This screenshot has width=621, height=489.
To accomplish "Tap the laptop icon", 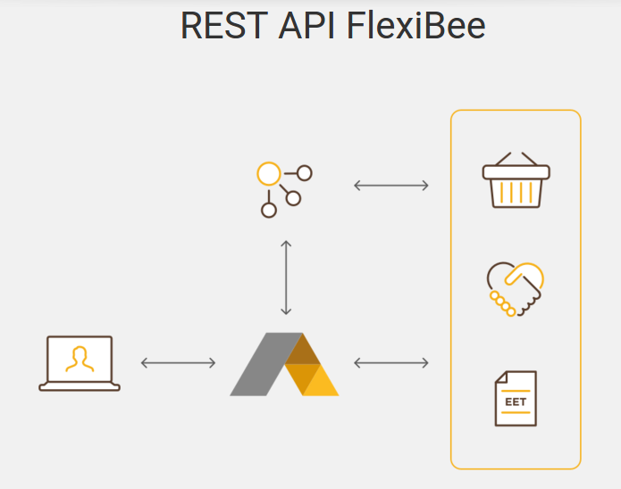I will pos(80,363).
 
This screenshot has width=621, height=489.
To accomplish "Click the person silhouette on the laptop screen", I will pos(80,358).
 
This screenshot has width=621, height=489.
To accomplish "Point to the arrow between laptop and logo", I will pos(179,362).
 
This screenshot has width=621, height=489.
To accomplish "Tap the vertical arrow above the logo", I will pos(286,278).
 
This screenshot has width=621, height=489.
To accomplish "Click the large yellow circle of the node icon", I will pos(268,173).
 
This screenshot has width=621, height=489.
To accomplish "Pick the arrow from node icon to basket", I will pos(391,186).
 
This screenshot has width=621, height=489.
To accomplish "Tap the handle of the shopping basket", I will pos(516,159).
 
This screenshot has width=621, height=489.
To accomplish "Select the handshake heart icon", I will pos(516,287).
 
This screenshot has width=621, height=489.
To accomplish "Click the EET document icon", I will pos(516,398).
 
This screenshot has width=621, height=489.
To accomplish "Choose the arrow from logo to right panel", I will pos(391,362).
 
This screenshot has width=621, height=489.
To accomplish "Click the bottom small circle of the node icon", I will pos(268,211).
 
